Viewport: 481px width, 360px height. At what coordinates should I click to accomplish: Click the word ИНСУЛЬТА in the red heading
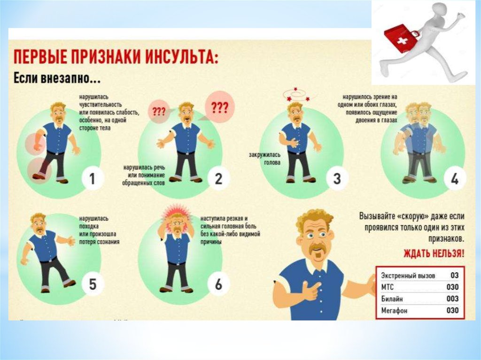coord(181,57)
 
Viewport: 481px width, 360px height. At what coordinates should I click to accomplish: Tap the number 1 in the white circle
coord(93,178)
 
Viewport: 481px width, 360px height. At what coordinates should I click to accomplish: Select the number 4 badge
coord(455,178)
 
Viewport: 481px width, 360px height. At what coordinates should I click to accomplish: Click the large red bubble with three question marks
coord(220,107)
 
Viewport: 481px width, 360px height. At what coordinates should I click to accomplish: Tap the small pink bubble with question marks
coord(159,112)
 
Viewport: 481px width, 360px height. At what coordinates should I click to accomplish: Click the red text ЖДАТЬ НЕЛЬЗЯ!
coord(434,253)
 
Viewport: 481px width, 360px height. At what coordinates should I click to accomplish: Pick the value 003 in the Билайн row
coord(452,299)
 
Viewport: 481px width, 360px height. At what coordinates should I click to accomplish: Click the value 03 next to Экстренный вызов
coord(454,275)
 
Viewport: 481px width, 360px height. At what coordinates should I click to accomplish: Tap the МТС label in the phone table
coord(387,287)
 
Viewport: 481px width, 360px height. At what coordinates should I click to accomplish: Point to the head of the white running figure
coord(438,11)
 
